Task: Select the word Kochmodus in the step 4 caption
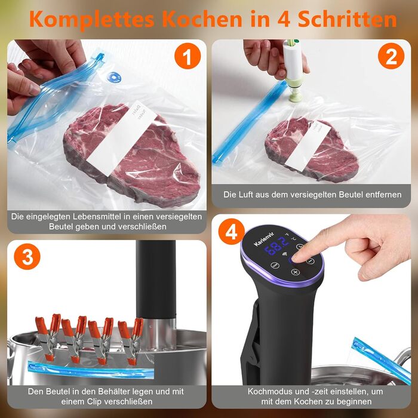click(x=271, y=391)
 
